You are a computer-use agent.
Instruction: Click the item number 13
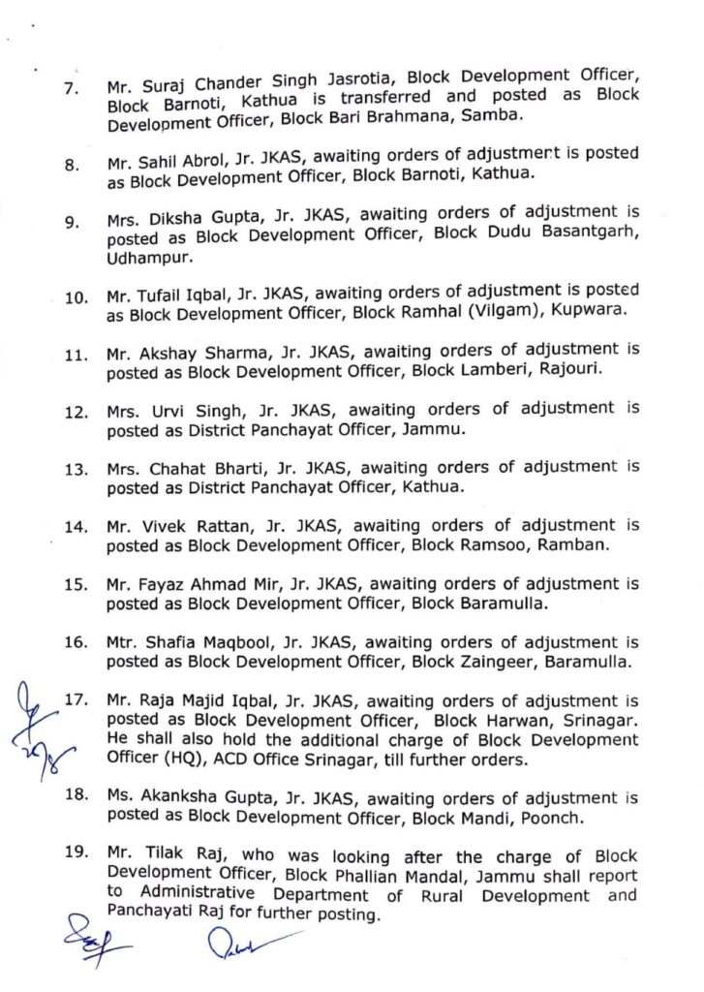click(76, 470)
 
